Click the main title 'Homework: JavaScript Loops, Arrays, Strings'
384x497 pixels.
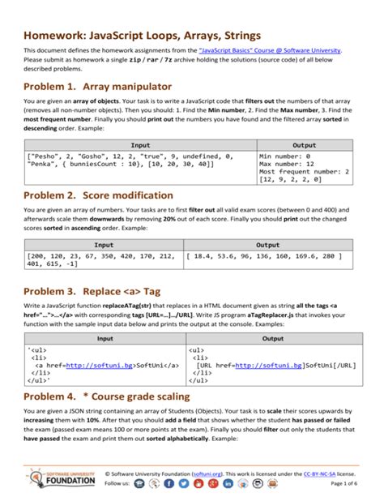(142, 36)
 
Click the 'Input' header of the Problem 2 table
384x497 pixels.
(104, 244)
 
